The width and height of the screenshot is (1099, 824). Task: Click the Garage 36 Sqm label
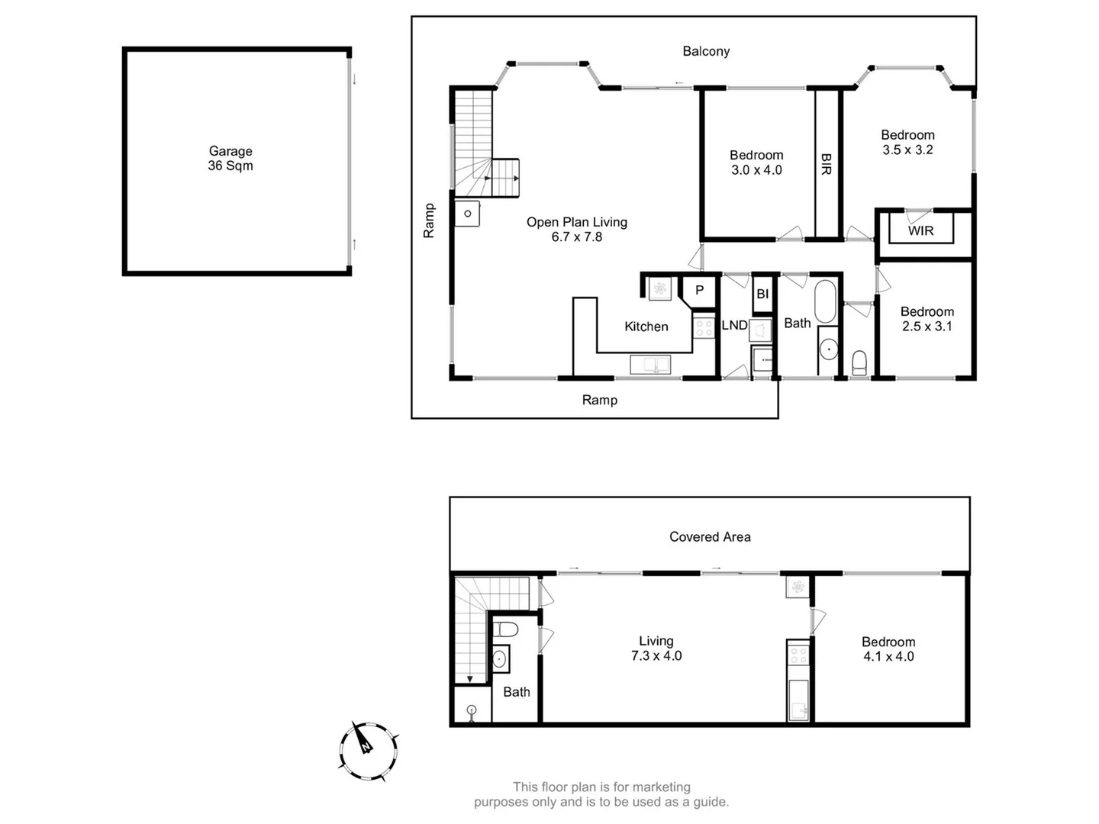[x=230, y=159]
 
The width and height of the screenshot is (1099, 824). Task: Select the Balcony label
[x=706, y=51]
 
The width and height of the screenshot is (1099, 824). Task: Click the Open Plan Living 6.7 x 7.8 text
[x=577, y=229]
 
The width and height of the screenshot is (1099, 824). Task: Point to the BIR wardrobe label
[x=827, y=164]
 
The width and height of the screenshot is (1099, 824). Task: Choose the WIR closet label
[x=920, y=230]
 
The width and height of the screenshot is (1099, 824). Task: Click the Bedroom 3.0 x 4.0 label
[x=756, y=163]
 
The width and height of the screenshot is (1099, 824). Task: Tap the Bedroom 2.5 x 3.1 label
[x=927, y=319]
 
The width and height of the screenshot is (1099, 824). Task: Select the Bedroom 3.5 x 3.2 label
[x=907, y=143]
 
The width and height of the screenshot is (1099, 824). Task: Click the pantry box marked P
[x=699, y=291]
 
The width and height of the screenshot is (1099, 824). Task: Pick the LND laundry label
[x=734, y=326]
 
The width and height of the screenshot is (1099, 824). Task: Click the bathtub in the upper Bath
[x=826, y=301]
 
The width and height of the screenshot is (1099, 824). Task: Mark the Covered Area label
[x=710, y=537]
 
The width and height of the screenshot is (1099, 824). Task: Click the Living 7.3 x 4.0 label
[x=656, y=649]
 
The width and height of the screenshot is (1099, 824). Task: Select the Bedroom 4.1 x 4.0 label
[x=888, y=649]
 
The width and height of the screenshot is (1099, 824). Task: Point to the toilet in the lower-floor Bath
[x=505, y=630]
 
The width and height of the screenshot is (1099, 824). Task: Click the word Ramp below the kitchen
[x=600, y=400]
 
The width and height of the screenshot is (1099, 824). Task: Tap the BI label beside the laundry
[x=762, y=295]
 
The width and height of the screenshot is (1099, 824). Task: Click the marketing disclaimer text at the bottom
[x=601, y=794]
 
